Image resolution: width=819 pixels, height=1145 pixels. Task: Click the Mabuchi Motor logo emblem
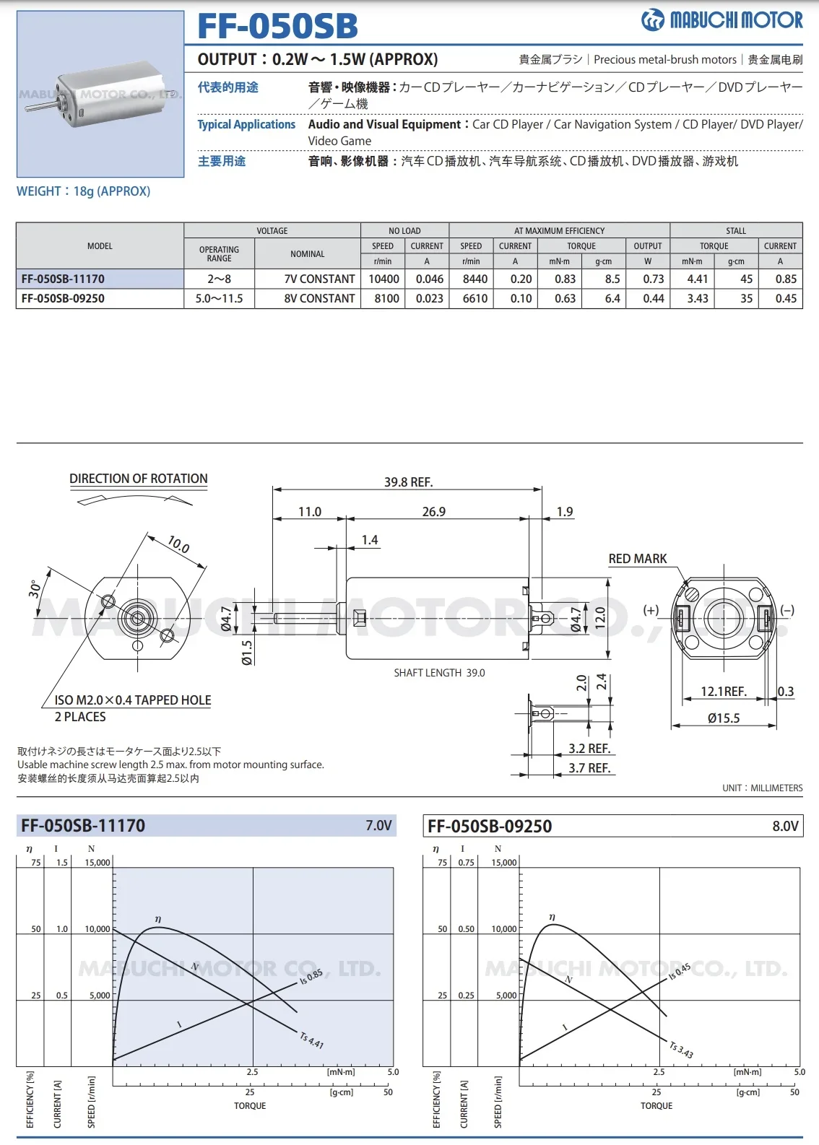653,20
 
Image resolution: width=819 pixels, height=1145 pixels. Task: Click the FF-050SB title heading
277,25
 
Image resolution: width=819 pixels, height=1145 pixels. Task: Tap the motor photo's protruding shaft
41,106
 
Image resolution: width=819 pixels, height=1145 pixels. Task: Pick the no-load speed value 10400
383,279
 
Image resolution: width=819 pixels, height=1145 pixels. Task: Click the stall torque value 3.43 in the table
698,298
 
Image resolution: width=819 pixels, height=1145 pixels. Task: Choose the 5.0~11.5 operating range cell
219,298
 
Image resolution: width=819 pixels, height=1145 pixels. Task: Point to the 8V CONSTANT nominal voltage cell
319,298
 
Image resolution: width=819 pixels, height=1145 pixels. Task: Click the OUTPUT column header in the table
648,246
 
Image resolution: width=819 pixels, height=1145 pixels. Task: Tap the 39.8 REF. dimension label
409,482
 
